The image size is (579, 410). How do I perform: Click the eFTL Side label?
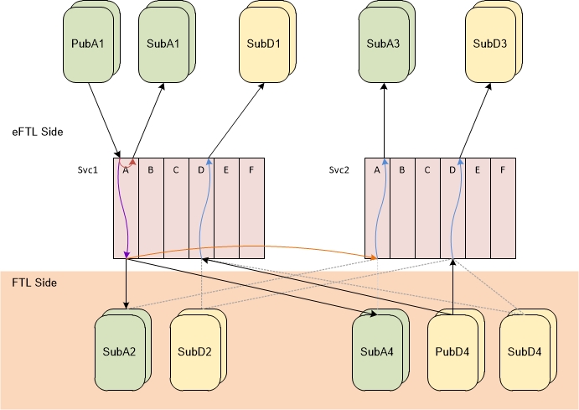(37, 132)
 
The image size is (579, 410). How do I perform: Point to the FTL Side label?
(34, 283)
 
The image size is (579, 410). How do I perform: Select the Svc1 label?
(88, 169)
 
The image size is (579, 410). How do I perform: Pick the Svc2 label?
(339, 169)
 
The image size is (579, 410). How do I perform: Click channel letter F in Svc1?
(251, 169)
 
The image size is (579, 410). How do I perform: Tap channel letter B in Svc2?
(402, 169)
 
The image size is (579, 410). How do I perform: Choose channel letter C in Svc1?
(176, 169)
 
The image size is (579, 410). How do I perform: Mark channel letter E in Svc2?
(478, 169)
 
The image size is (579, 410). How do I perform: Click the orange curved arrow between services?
(251, 247)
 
